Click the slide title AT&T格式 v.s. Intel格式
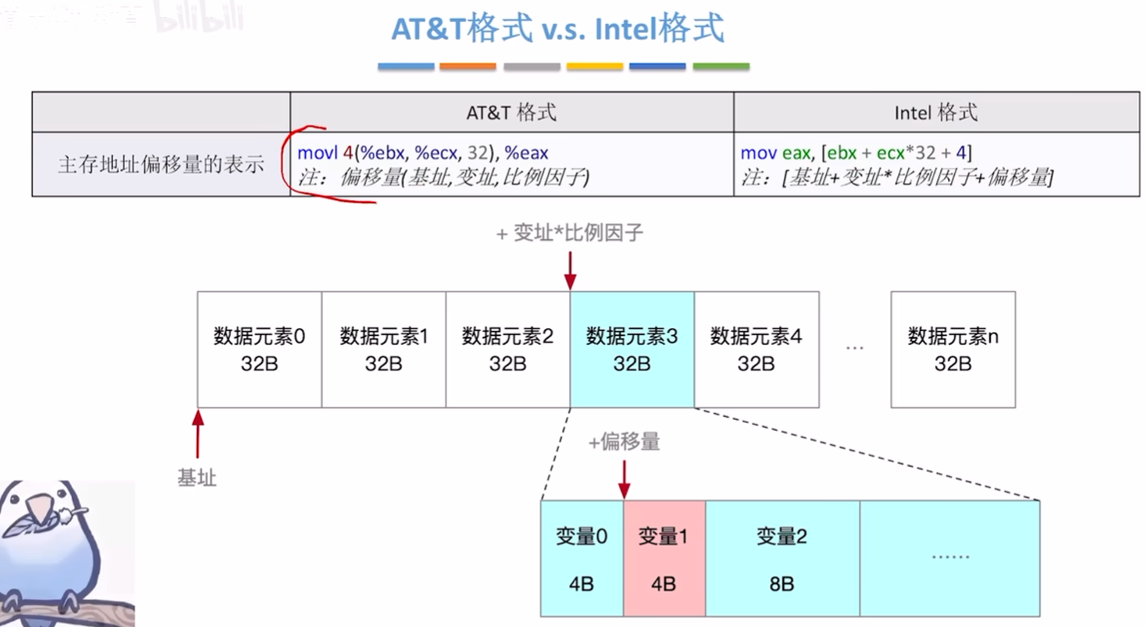coord(558,29)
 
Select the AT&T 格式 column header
coord(511,113)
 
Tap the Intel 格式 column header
coord(936,113)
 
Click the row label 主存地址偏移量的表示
coord(161,164)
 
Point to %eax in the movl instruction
coord(526,153)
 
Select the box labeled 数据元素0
coord(259,350)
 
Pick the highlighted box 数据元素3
coord(632,350)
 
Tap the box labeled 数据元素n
coord(953,350)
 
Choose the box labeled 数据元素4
coord(756,350)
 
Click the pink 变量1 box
coord(663,559)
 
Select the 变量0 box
coord(581,559)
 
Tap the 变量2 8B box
coord(781,559)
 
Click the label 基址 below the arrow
coord(197,478)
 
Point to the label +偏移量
coord(624,442)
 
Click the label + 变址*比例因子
coord(570,233)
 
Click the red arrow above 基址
coord(198,434)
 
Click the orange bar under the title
coord(467,67)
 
